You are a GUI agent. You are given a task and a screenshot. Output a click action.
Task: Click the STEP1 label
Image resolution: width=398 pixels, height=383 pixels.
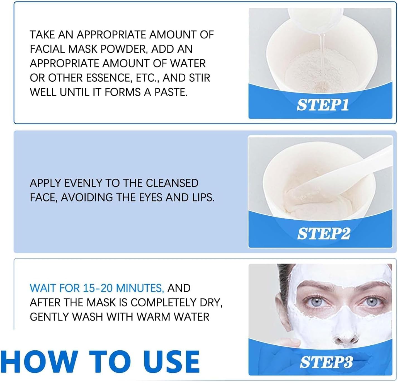pyautogui.click(x=322, y=105)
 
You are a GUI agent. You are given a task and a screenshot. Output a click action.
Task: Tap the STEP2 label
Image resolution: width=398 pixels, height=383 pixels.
pyautogui.click(x=324, y=233)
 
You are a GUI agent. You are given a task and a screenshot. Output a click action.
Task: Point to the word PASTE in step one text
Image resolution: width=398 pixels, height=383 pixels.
pyautogui.click(x=171, y=92)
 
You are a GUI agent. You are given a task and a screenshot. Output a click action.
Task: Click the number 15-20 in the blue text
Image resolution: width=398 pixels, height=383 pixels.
pyautogui.click(x=98, y=288)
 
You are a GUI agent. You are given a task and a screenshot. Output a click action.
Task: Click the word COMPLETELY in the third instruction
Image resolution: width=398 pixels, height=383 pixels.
pyautogui.click(x=164, y=302)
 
